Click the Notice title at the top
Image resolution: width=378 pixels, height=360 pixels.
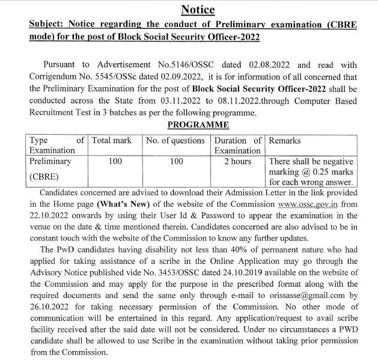198,10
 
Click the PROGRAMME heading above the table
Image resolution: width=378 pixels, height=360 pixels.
198,125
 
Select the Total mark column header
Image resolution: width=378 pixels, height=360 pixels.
111,141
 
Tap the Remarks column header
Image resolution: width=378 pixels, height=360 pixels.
284,141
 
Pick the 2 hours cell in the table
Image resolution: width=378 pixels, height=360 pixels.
237,162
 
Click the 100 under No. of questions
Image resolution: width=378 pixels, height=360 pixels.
176,162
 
